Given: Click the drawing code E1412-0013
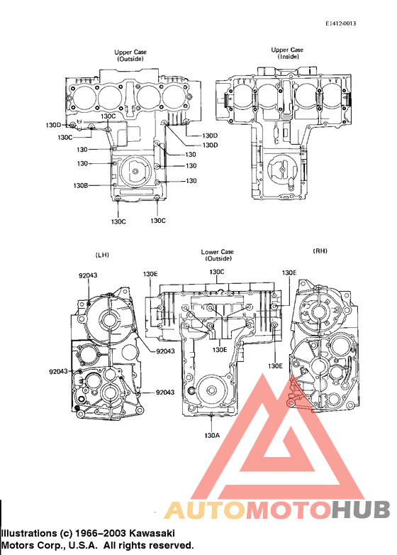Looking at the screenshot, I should pos(341,24).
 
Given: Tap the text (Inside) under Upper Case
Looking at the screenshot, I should pos(288,56).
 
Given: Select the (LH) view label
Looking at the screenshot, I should pos(101,254).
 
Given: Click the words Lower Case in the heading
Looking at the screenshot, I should pos(218,252).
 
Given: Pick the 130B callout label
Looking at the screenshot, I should pos(80,185).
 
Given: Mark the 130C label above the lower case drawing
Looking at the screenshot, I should pos(216,272).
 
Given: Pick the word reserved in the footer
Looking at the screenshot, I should pos(170,545).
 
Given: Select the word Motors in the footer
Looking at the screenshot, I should pos(18,545).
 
